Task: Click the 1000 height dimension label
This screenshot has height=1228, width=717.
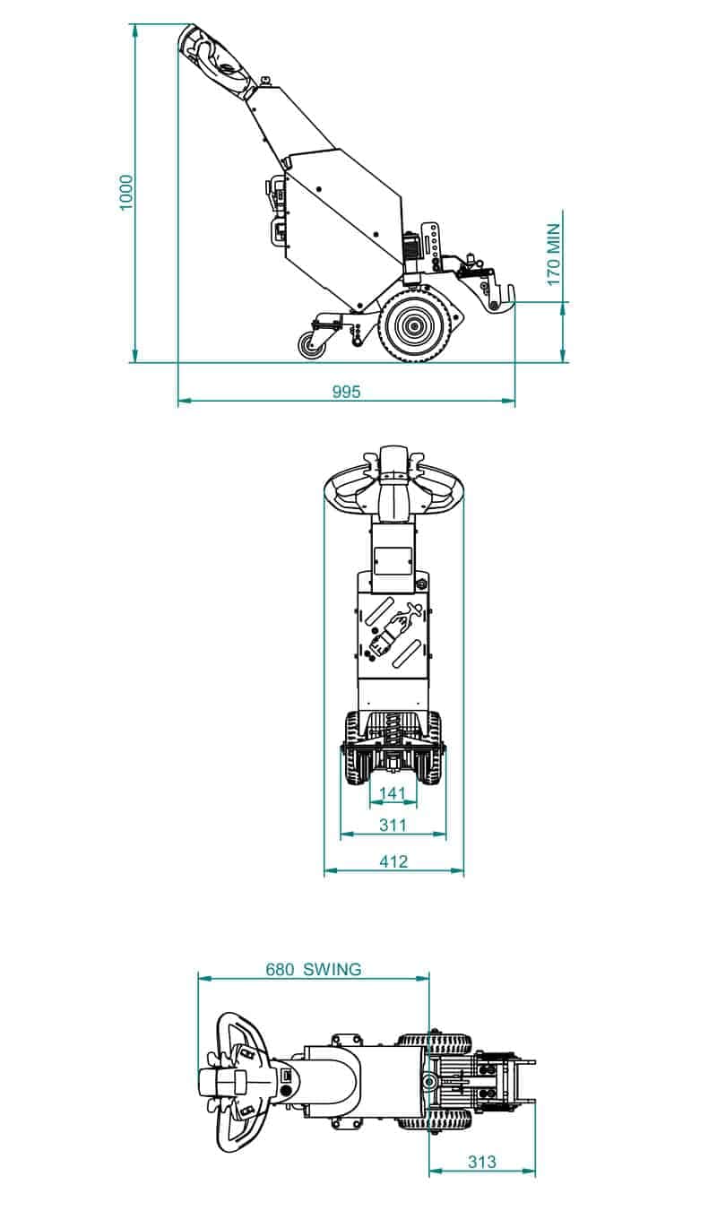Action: click(x=126, y=193)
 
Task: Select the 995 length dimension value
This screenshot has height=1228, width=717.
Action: click(x=347, y=392)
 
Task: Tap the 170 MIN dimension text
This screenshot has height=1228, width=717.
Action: click(x=554, y=255)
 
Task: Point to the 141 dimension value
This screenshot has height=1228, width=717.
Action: click(x=393, y=792)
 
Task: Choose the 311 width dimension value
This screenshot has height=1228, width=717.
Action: click(x=393, y=825)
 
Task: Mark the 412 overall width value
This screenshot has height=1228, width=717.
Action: click(x=393, y=861)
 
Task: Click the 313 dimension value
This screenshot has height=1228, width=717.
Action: click(x=482, y=1161)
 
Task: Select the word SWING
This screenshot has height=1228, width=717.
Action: click(x=333, y=969)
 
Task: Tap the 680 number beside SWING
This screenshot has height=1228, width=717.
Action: click(x=280, y=969)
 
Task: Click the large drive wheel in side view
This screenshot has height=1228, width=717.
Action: click(x=414, y=326)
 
